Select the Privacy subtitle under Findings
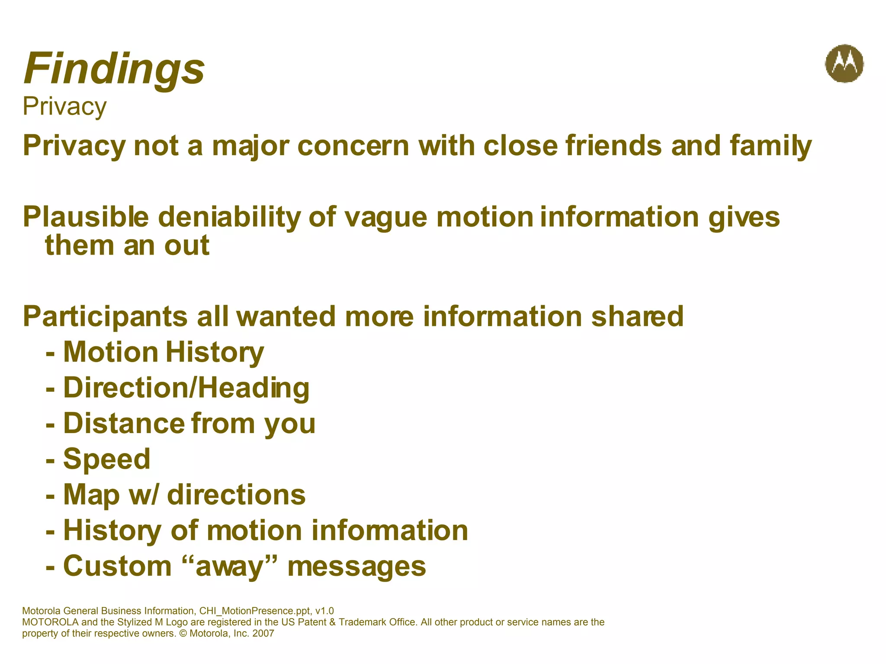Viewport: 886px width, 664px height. click(64, 106)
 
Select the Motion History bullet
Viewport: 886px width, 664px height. click(163, 352)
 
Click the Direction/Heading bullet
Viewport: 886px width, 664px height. click(186, 387)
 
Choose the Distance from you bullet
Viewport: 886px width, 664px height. click(189, 423)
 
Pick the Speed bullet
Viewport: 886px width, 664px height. click(106, 459)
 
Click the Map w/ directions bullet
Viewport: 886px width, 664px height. click(184, 495)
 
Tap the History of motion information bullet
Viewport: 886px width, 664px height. click(265, 530)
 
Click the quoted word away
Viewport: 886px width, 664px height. click(230, 566)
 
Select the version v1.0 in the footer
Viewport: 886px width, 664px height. click(324, 611)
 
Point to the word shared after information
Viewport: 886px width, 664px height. click(637, 316)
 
